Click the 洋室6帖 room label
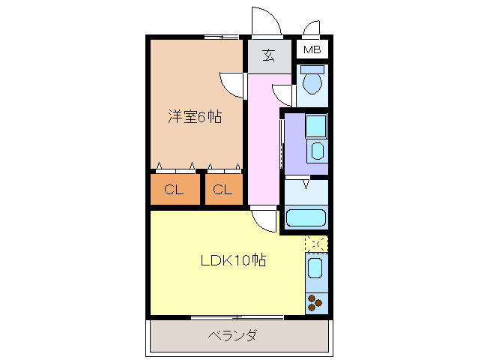[194, 118]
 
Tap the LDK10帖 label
[233, 261]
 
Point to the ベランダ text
[232, 335]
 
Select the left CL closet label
[174, 190]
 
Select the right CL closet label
[222, 190]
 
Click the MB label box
[312, 50]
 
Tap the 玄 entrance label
[268, 55]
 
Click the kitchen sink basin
[315, 268]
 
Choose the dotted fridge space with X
[316, 244]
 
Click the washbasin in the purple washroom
[318, 150]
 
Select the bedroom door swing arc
[233, 82]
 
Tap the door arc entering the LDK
[263, 220]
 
